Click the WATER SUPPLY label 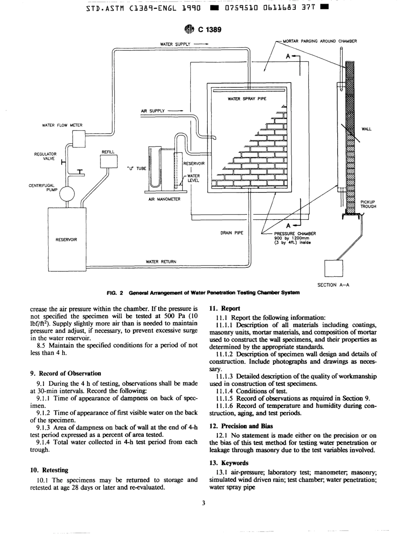click(x=175, y=44)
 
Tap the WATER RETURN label click(x=161, y=261)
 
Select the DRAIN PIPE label click(x=231, y=233)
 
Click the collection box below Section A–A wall click(x=333, y=268)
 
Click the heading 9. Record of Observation click(x=66, y=373)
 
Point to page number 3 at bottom click(x=203, y=503)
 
